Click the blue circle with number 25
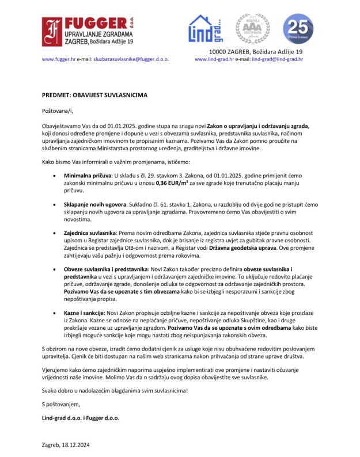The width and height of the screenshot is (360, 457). tap(298, 30)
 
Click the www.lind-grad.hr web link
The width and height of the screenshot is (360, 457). tap(214, 59)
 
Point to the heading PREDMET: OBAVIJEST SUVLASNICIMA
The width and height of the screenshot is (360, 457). tap(94, 94)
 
